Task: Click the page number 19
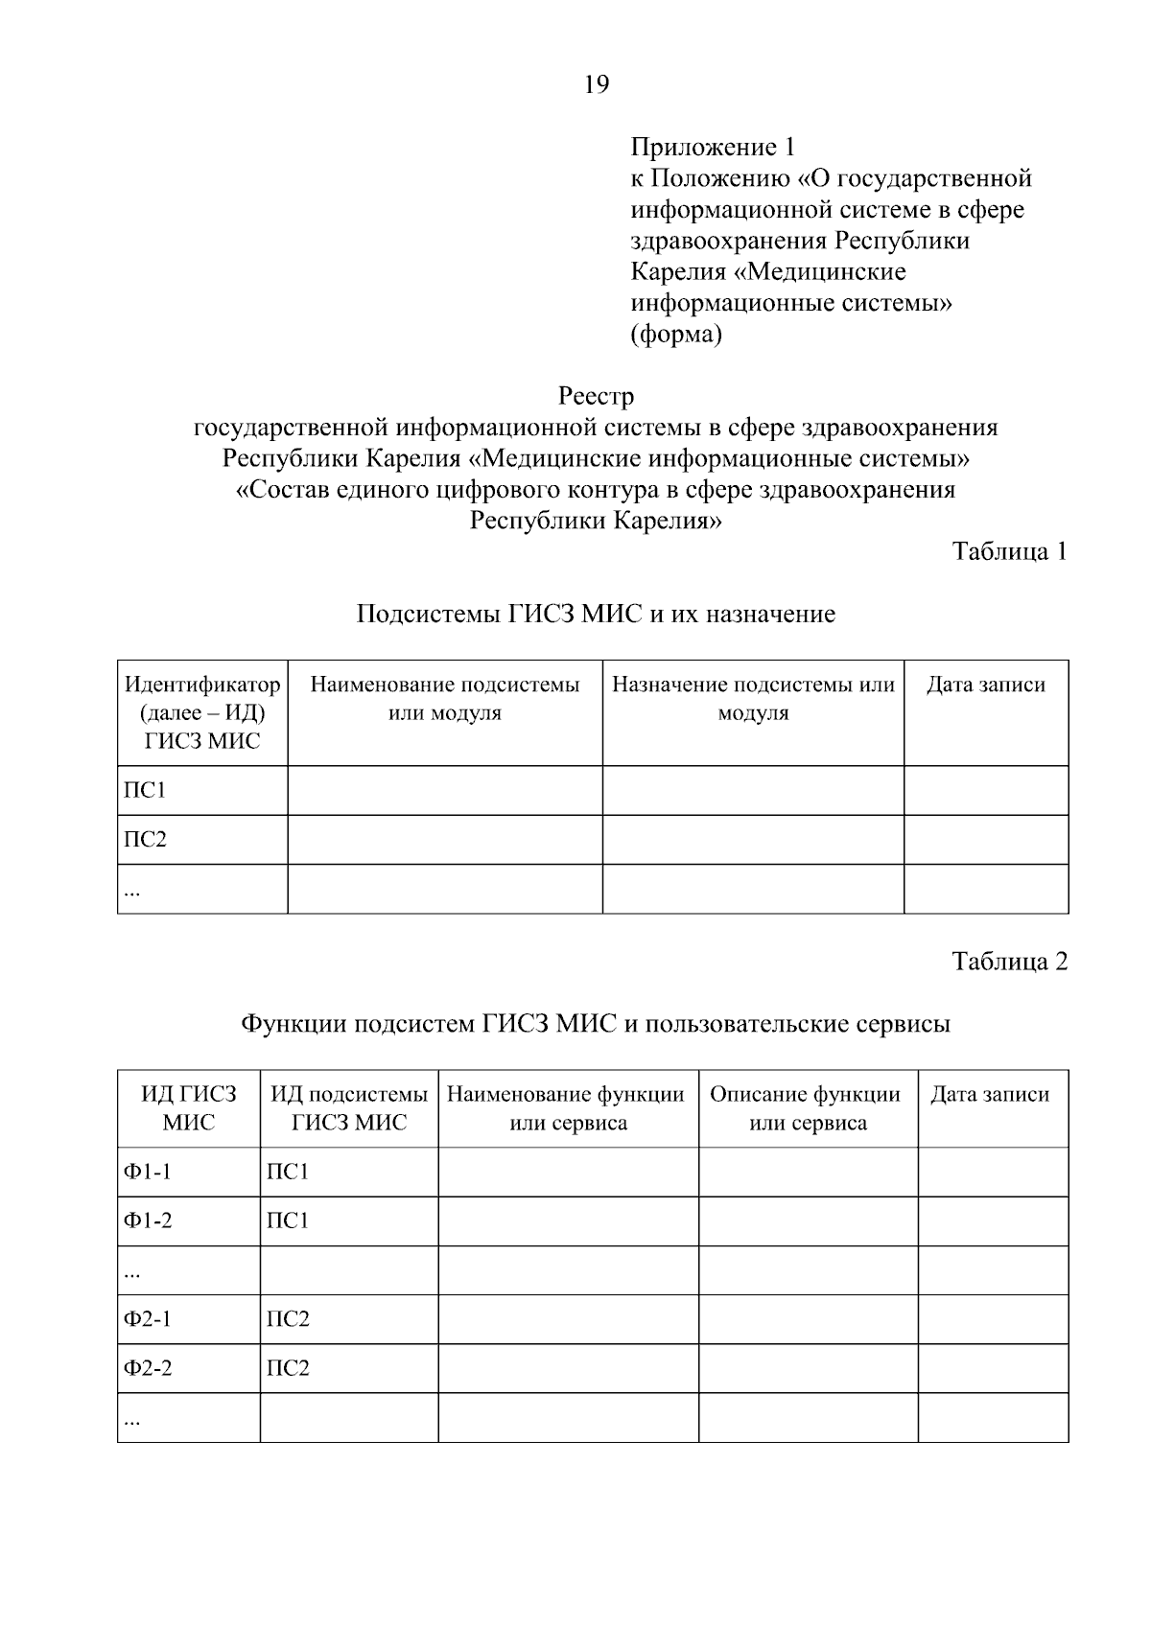pos(596,85)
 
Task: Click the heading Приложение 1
pos(713,148)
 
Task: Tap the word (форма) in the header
pos(675,335)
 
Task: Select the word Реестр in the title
pos(596,396)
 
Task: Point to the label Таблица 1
pos(1009,551)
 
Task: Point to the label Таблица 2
pos(1009,962)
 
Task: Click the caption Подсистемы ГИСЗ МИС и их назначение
pos(596,614)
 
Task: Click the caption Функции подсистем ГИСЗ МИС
pos(596,1024)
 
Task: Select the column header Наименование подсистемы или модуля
pos(445,699)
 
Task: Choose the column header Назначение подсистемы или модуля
pos(753,699)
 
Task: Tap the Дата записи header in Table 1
pos(985,686)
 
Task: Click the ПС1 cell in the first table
pos(145,791)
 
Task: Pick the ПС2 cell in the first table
pos(145,840)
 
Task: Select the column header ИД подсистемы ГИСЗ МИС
pos(349,1108)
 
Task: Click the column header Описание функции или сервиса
pos(807,1108)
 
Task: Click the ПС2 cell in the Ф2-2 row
pos(288,1368)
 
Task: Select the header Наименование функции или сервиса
pos(567,1108)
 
